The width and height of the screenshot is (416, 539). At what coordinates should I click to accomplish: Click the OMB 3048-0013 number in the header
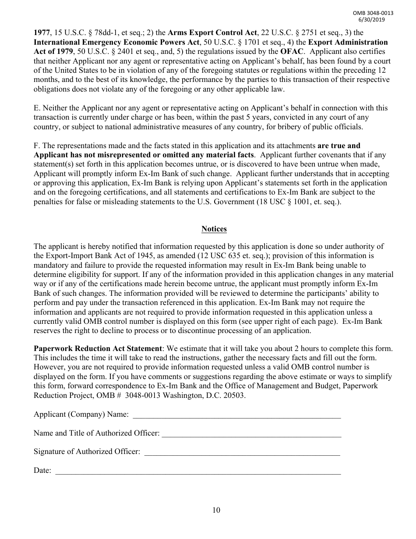coord(373,13)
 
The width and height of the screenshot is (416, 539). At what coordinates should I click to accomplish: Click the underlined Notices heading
coord(214,229)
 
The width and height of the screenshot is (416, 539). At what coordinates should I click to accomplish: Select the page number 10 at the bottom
coord(216,510)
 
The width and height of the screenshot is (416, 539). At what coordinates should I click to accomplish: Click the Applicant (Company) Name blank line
coord(236,415)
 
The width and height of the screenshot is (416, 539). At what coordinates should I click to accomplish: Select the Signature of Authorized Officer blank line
coord(242,452)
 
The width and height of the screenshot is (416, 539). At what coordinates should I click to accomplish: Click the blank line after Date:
coord(197,471)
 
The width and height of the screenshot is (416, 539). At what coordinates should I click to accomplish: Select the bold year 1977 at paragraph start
coord(42,33)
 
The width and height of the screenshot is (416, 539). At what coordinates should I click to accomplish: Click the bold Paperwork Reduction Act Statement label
coord(98,349)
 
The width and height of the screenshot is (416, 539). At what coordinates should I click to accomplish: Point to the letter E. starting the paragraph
coord(37,108)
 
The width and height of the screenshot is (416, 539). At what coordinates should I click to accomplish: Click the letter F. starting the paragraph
coord(36,145)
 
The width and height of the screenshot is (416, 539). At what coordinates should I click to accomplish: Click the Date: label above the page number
coord(42,471)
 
